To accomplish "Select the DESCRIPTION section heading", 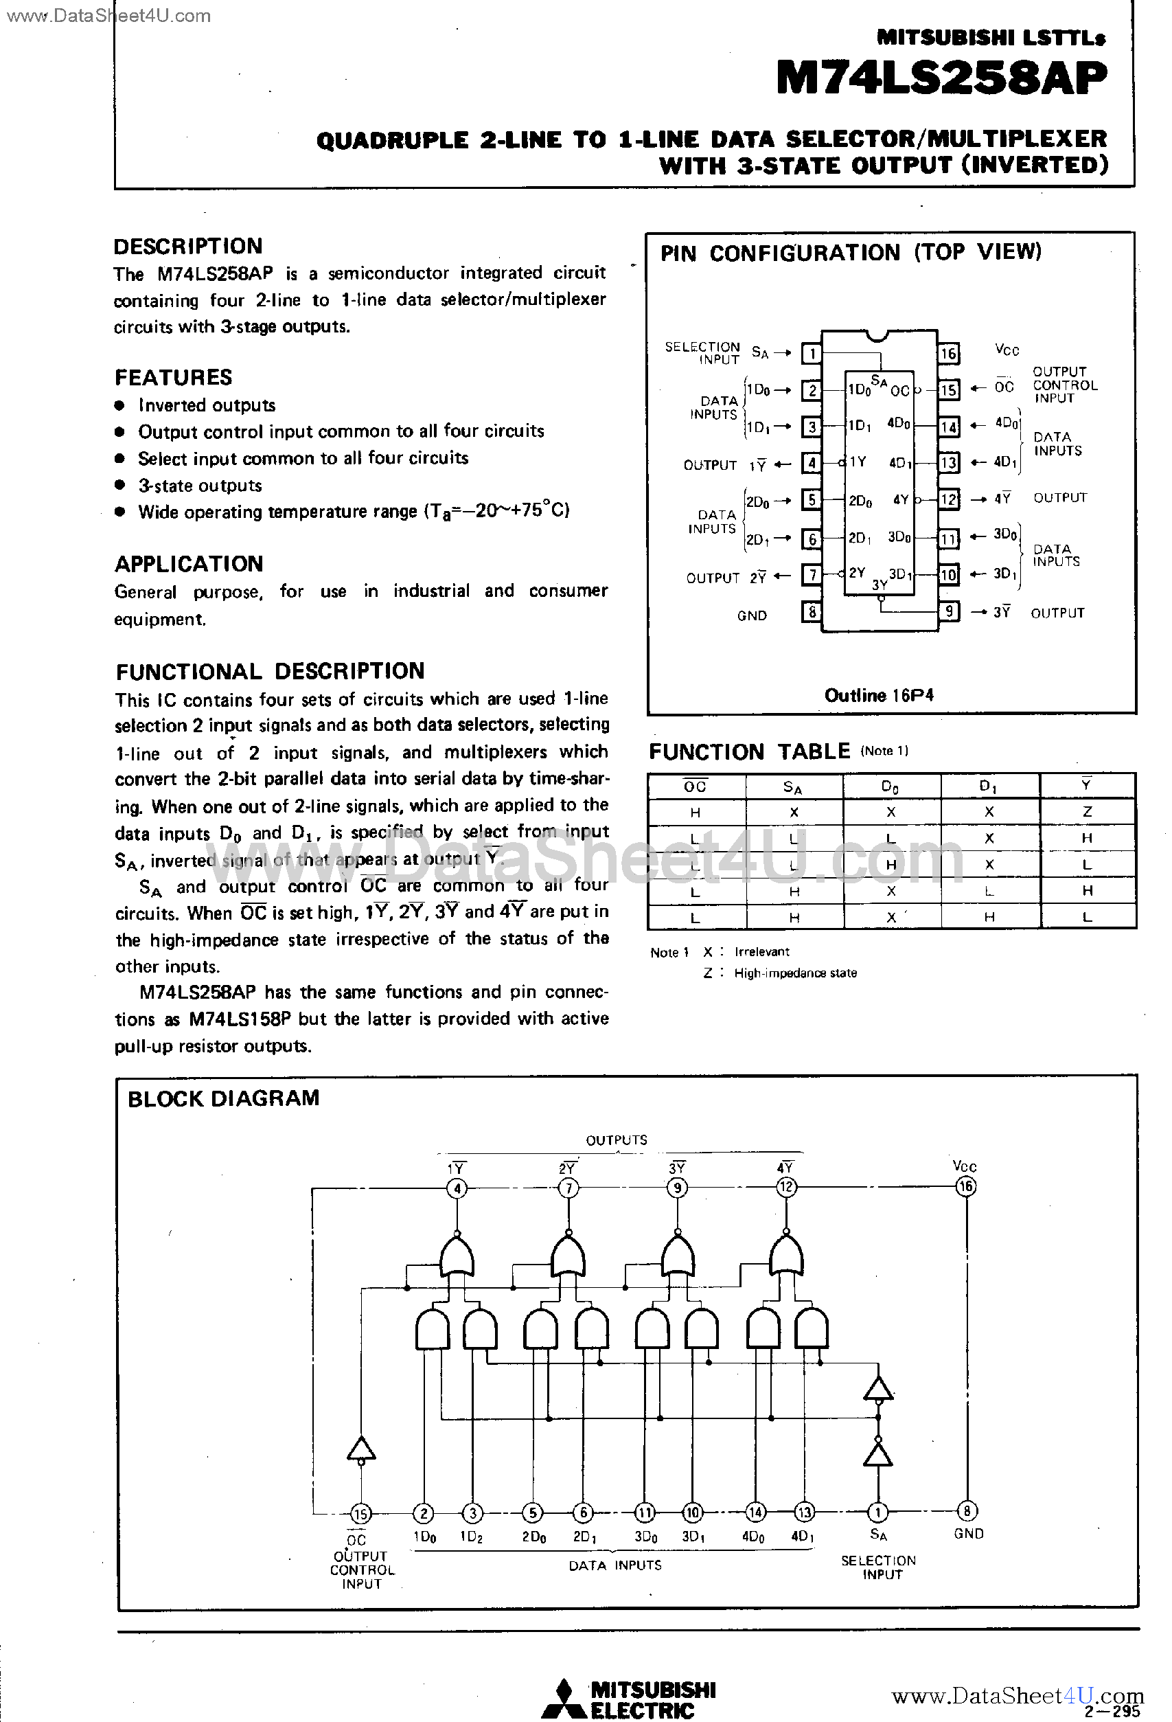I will pos(187,246).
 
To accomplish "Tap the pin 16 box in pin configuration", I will pos(948,354).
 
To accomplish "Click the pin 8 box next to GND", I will pos(812,613).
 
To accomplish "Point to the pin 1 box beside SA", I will pos(812,354).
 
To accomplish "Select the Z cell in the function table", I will pos(1087,811).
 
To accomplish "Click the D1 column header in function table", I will pos(988,786).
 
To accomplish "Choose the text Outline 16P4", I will pos(879,695).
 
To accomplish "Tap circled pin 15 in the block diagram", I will pos(360,1513).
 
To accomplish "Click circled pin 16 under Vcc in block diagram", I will pos(965,1186).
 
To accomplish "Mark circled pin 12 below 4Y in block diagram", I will pos(786,1187).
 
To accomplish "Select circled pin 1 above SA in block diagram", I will pos(878,1512).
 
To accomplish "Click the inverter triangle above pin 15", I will pos(360,1449).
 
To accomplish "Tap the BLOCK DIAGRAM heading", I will pos(223,1098).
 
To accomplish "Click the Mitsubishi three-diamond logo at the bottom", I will pos(564,1699).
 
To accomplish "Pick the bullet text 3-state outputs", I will pos(200,486).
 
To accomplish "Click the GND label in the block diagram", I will pos(968,1534).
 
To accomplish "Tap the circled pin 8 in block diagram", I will pos(967,1511).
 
